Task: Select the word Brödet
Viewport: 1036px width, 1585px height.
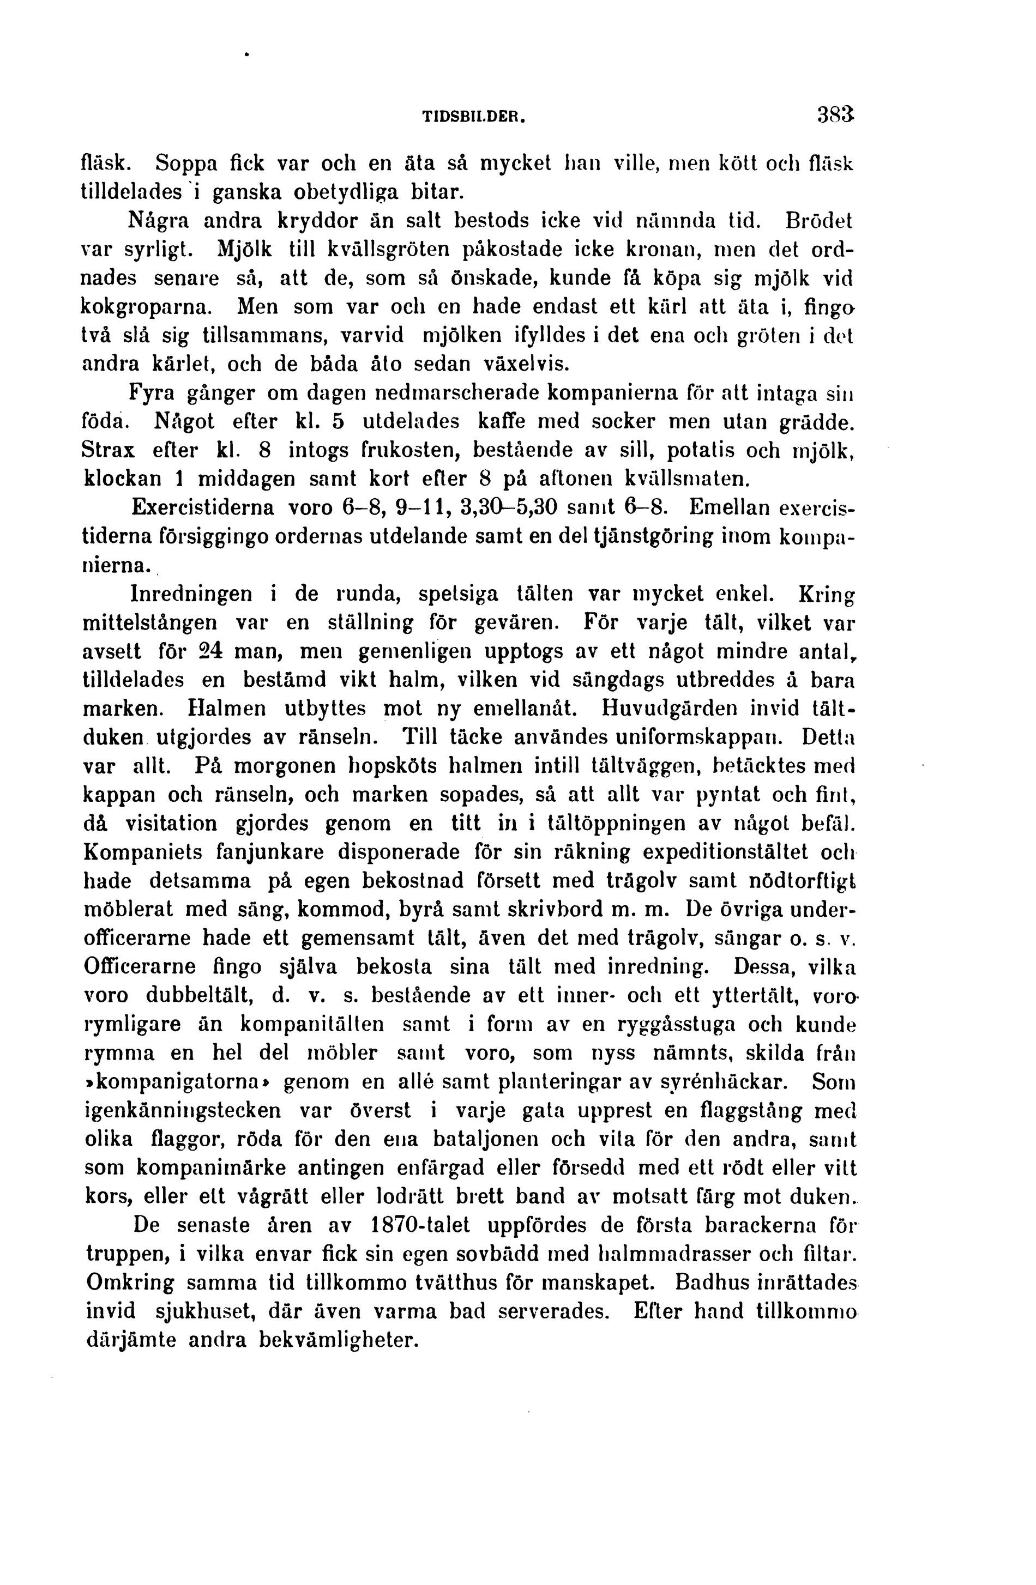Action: (x=820, y=220)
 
